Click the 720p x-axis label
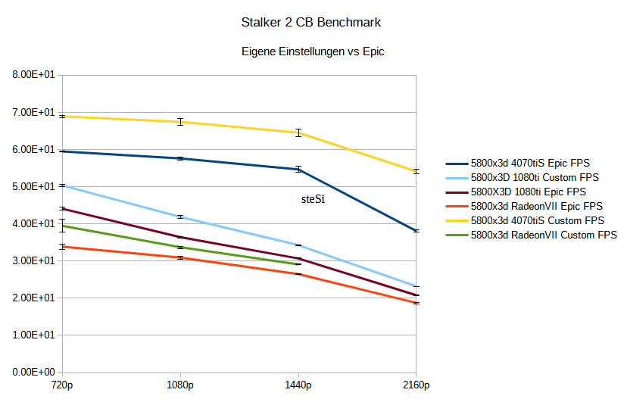pyautogui.click(x=62, y=385)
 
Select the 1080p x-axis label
pyautogui.click(x=180, y=385)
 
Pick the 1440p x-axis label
pyautogui.click(x=298, y=385)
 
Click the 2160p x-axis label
pyautogui.click(x=416, y=385)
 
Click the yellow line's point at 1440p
pyautogui.click(x=298, y=132)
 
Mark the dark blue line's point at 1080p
pyautogui.click(x=180, y=158)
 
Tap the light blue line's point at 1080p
pyautogui.click(x=180, y=217)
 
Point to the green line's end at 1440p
pyautogui.click(x=298, y=264)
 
